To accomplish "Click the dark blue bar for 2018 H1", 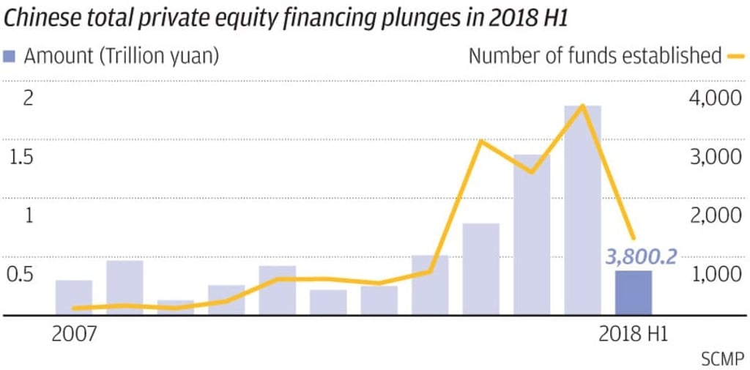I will [x=633, y=293].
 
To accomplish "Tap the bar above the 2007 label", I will [x=74, y=297].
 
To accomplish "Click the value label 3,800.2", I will [x=641, y=256].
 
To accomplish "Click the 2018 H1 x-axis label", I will [x=633, y=334].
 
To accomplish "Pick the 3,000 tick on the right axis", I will [x=716, y=158].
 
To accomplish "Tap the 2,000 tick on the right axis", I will [x=716, y=216].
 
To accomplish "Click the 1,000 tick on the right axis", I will [x=716, y=275].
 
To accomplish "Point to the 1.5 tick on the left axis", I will [x=21, y=158].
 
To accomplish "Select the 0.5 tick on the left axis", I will [x=21, y=275].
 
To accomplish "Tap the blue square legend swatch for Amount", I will [x=9, y=56].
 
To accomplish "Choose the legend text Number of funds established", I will [x=595, y=56].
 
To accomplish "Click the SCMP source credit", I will [x=723, y=360].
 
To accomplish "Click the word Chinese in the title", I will [x=37, y=18].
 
